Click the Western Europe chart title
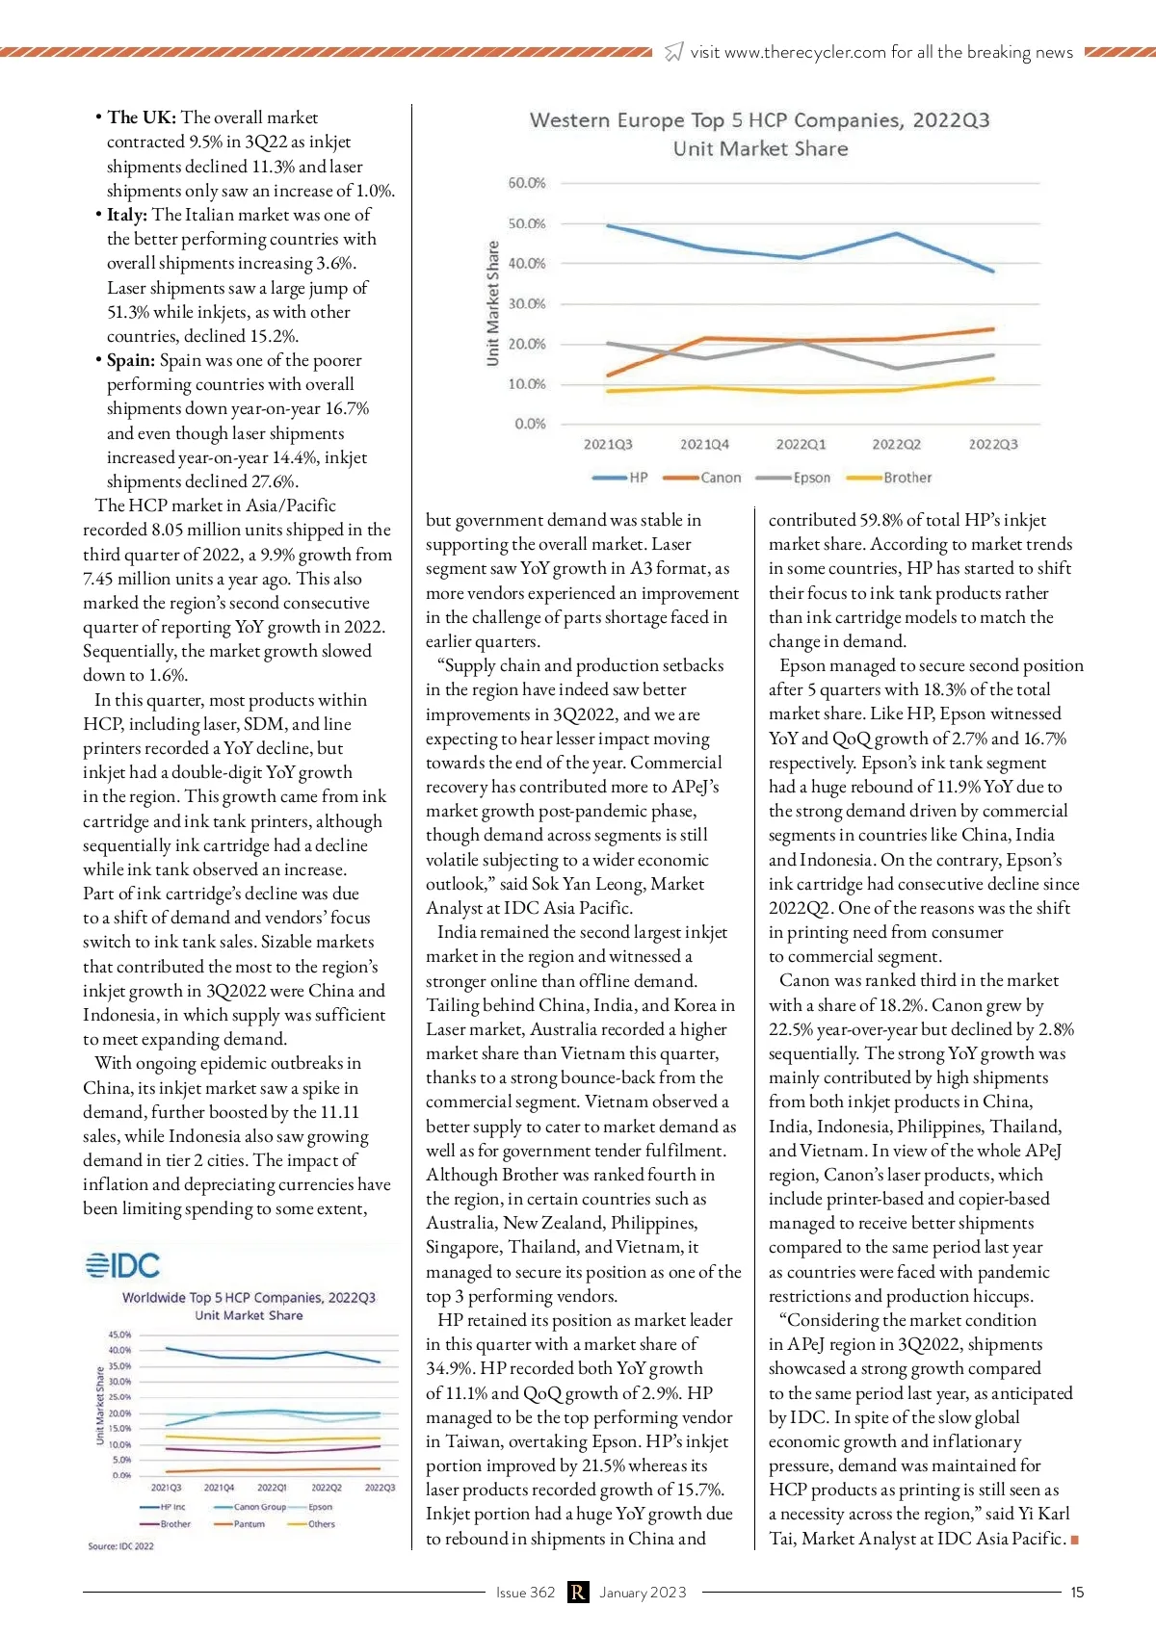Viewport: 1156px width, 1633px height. click(x=759, y=121)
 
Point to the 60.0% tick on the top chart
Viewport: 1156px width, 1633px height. click(x=526, y=183)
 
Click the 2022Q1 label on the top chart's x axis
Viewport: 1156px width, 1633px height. click(x=801, y=445)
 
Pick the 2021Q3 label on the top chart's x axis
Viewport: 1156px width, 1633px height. click(x=608, y=445)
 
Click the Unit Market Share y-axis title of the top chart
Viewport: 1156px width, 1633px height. click(x=493, y=302)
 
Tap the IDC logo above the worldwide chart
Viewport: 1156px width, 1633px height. click(x=122, y=1265)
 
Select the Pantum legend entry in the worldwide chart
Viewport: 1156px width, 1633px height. click(x=249, y=1524)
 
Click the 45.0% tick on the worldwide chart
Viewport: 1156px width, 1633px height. click(x=119, y=1335)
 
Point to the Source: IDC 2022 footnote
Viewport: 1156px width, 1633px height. click(x=120, y=1546)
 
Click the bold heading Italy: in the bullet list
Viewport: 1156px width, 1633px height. click(x=127, y=215)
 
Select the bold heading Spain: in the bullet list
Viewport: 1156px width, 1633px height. click(x=130, y=360)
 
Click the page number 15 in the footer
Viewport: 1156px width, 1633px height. click(x=1077, y=1593)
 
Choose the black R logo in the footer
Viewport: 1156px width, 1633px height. click(x=577, y=1593)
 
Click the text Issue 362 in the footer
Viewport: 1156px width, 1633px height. click(x=525, y=1593)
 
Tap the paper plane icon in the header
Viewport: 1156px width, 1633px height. click(x=674, y=52)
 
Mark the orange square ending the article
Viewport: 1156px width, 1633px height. click(x=1074, y=1540)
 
